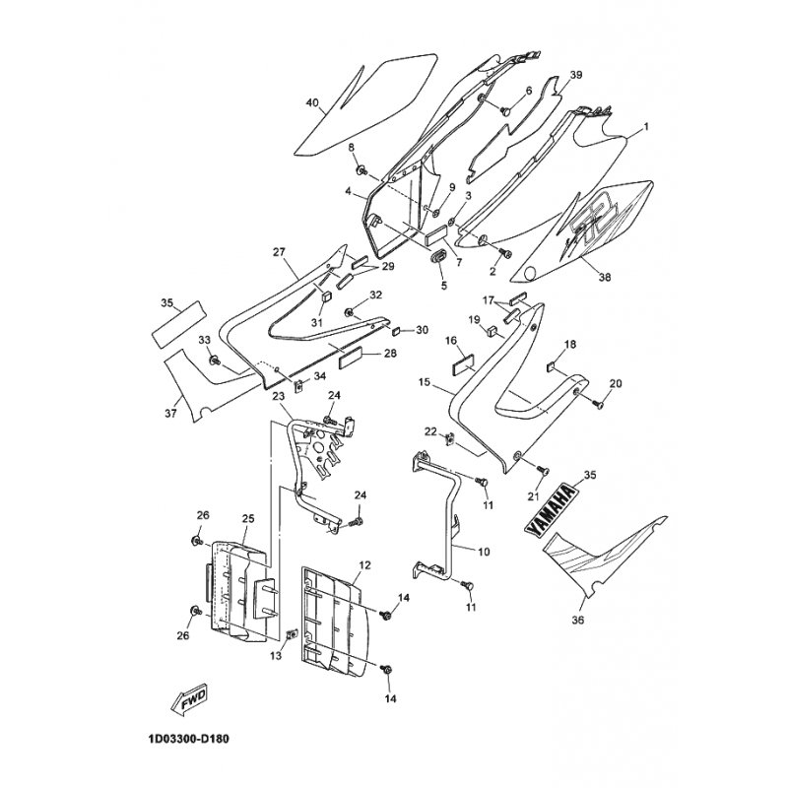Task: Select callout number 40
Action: [313, 102]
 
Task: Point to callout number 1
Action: [645, 128]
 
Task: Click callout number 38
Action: [604, 278]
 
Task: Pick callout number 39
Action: [576, 75]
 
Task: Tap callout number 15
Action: [425, 381]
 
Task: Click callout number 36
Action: [577, 621]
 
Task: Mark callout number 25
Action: [247, 518]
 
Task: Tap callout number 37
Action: [171, 414]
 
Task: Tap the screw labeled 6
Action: [505, 110]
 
